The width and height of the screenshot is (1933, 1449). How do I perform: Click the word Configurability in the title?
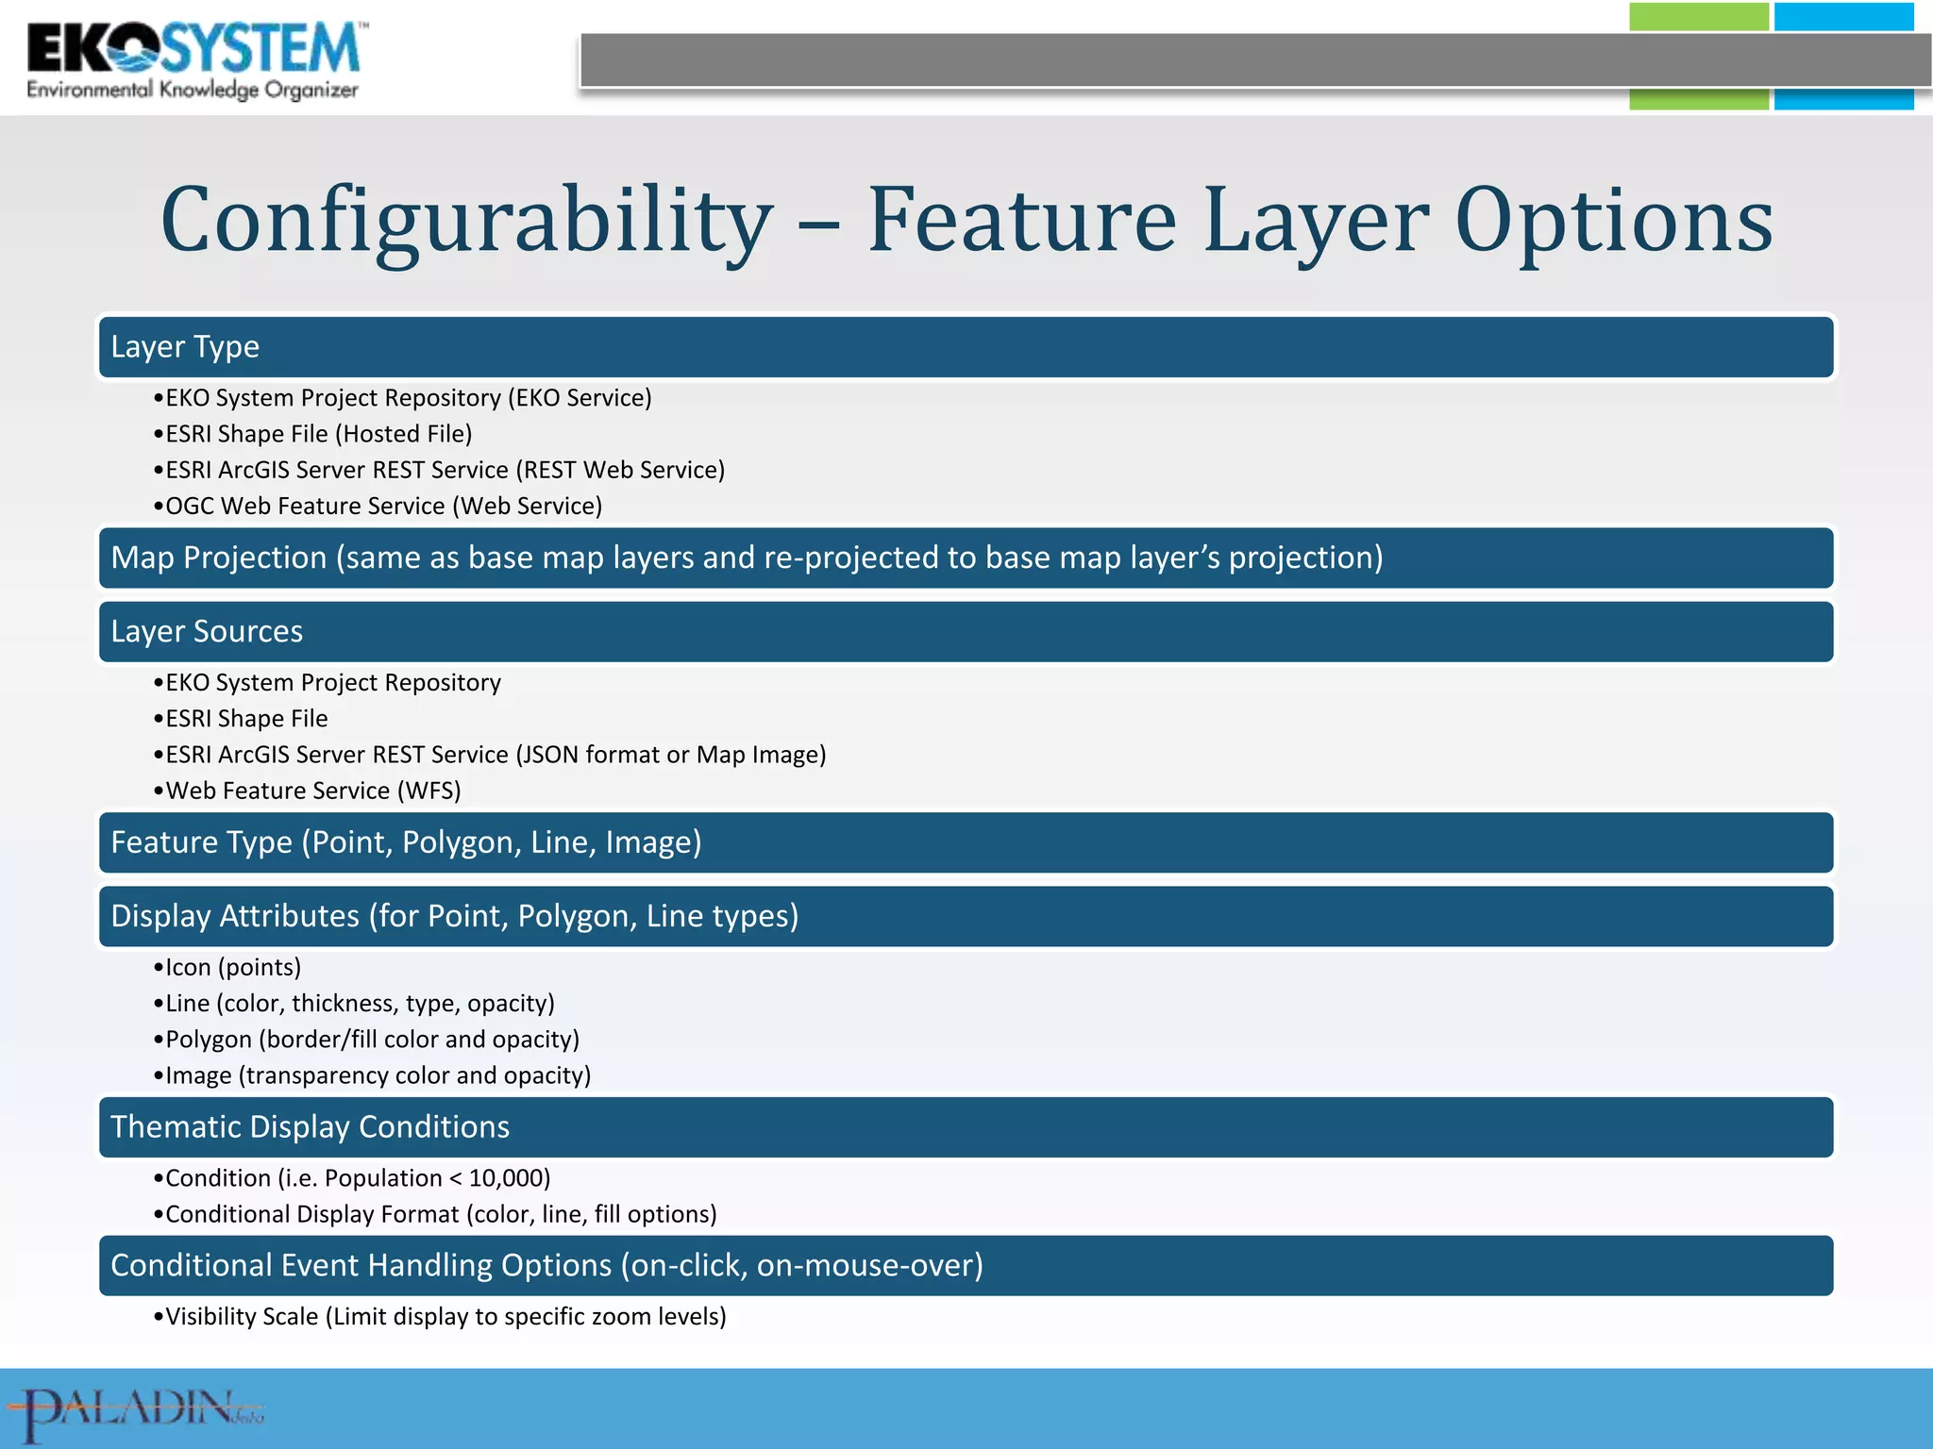[466, 221]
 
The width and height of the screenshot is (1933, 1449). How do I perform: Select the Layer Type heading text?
[185, 347]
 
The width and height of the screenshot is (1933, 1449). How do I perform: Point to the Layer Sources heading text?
[207, 631]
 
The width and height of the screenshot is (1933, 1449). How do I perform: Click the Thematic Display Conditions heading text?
[310, 1127]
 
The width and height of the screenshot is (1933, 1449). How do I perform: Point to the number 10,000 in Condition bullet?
[509, 1178]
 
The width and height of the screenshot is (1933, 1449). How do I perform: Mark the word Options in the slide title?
[1613, 221]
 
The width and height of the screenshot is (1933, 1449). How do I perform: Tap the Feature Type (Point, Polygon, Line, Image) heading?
[406, 842]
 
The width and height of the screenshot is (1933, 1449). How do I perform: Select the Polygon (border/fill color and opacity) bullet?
[372, 1040]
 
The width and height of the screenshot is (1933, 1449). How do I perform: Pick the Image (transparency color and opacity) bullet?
[378, 1075]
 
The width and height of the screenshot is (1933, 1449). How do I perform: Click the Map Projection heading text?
[746, 558]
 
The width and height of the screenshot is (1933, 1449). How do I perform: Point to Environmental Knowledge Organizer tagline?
[193, 91]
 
